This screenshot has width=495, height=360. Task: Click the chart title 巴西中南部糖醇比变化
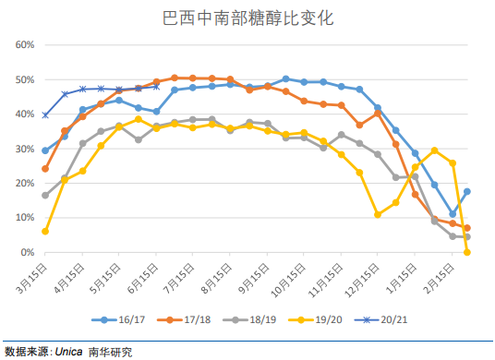(247, 18)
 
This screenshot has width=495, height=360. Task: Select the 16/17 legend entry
(127, 320)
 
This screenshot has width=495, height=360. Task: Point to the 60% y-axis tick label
(24, 45)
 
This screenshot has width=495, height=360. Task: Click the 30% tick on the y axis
(24, 149)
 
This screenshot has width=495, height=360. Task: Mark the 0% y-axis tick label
(27, 252)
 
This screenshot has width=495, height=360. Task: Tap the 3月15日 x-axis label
(30, 276)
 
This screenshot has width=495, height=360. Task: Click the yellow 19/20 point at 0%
(467, 252)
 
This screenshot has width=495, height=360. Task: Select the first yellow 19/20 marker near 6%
(45, 232)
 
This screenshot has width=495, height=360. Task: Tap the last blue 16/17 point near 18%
(467, 191)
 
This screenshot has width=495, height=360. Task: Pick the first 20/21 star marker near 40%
(45, 115)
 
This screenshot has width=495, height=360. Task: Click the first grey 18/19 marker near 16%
(45, 196)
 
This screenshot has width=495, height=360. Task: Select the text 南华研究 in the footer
(110, 352)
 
